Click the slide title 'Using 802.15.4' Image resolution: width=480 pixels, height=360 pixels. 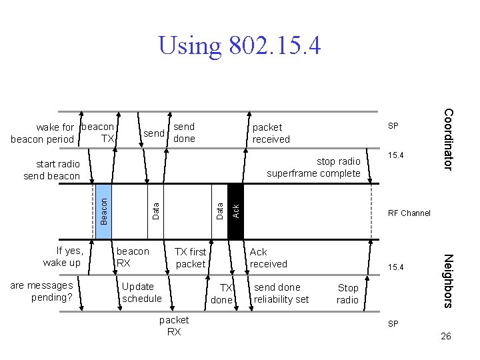(239, 45)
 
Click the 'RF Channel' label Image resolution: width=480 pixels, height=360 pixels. (409, 213)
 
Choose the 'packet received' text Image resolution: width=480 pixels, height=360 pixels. (271, 133)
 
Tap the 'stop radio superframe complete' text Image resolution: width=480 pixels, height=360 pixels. (313, 167)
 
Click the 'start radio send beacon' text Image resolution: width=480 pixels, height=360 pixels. (51, 170)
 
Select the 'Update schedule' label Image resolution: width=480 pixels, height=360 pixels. (141, 293)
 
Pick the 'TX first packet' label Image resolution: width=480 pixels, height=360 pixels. (190, 257)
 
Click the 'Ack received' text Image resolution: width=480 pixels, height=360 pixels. (268, 257)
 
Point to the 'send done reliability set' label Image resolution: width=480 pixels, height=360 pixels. (281, 293)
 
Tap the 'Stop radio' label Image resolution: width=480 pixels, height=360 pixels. (348, 293)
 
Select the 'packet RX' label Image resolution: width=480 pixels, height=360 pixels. (174, 326)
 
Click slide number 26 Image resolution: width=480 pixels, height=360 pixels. (446, 336)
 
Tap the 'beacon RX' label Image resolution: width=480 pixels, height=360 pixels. (133, 257)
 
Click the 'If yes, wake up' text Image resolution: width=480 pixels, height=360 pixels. (62, 257)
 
